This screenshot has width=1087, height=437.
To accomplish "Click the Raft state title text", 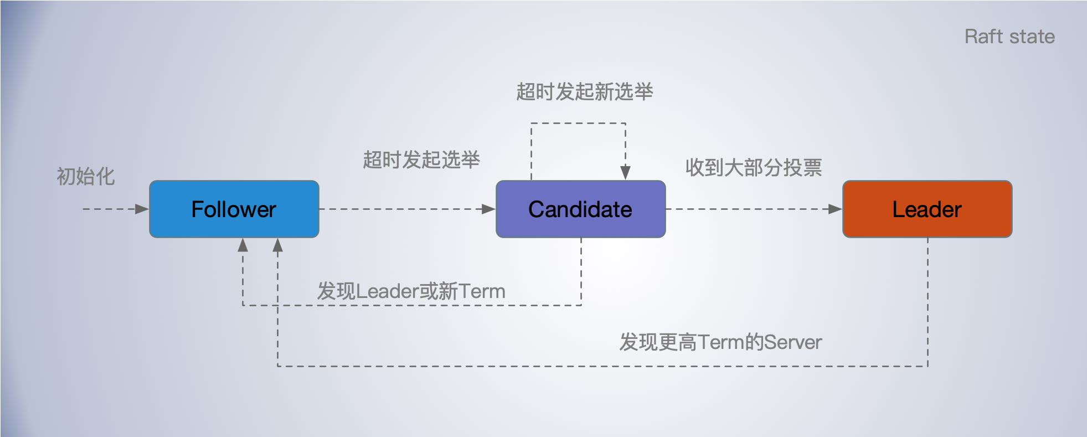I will point(1009,37).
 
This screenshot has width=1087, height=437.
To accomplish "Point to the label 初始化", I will point(86,177).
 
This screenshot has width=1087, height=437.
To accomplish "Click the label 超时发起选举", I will point(421,160).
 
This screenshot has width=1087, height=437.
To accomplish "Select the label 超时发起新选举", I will point(584,92).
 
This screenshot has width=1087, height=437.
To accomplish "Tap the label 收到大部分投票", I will point(753,167).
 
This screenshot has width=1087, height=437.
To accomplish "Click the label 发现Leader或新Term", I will point(411,291).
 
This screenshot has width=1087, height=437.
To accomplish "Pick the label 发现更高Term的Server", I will point(720,342).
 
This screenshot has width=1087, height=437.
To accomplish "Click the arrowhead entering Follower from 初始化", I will point(142,209).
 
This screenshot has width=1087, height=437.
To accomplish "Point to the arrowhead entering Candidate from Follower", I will point(488,209).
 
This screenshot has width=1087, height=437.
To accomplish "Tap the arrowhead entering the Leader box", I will point(835,209).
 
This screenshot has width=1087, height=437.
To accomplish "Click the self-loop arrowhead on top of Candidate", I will point(625,172).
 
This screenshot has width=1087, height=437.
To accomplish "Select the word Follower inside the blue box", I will point(234,209).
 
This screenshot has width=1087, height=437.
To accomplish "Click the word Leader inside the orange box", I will point(927,209).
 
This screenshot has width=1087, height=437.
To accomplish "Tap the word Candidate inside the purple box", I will point(580,209).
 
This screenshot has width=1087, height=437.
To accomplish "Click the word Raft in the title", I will point(983,37).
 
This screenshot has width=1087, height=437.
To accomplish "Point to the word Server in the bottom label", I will point(793,342).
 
